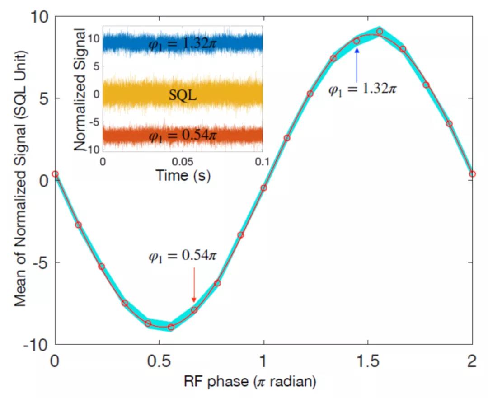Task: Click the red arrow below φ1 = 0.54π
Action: (x=194, y=285)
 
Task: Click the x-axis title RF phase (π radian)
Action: (x=249, y=382)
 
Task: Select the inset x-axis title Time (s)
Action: (x=183, y=175)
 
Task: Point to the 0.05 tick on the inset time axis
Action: (x=183, y=161)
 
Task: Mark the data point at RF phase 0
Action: (x=55, y=174)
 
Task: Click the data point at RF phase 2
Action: (x=472, y=174)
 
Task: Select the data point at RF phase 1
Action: (x=264, y=188)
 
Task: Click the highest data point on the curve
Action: (x=380, y=32)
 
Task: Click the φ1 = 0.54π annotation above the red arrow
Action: (x=183, y=256)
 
